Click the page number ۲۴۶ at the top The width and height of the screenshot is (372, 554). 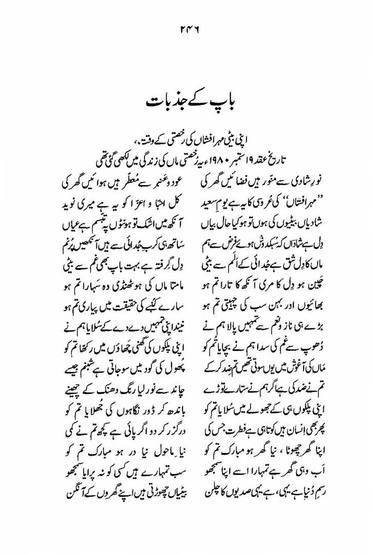(x=186, y=30)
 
